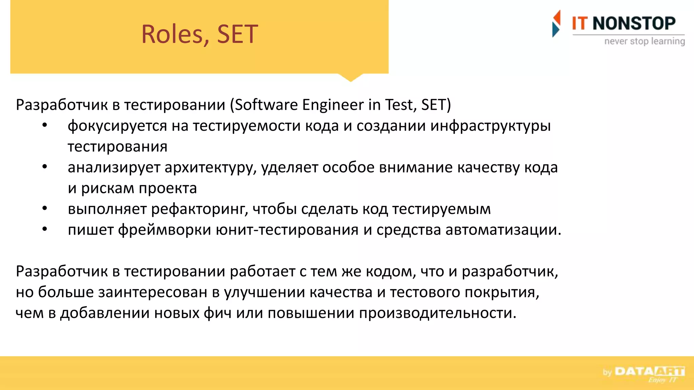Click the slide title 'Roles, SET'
[x=199, y=35]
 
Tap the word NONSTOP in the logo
[x=634, y=24]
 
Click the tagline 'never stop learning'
[x=644, y=41]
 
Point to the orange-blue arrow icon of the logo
[x=556, y=23]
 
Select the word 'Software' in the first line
[x=266, y=105]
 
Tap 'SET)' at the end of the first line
[x=436, y=105]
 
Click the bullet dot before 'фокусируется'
[x=45, y=126]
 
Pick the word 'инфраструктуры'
[x=490, y=126]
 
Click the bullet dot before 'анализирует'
[x=45, y=167]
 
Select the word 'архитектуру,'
[x=210, y=168]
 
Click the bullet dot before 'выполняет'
[x=45, y=209]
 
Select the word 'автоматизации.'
[x=503, y=230]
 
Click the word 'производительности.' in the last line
[x=437, y=313]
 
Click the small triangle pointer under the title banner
[x=350, y=78]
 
